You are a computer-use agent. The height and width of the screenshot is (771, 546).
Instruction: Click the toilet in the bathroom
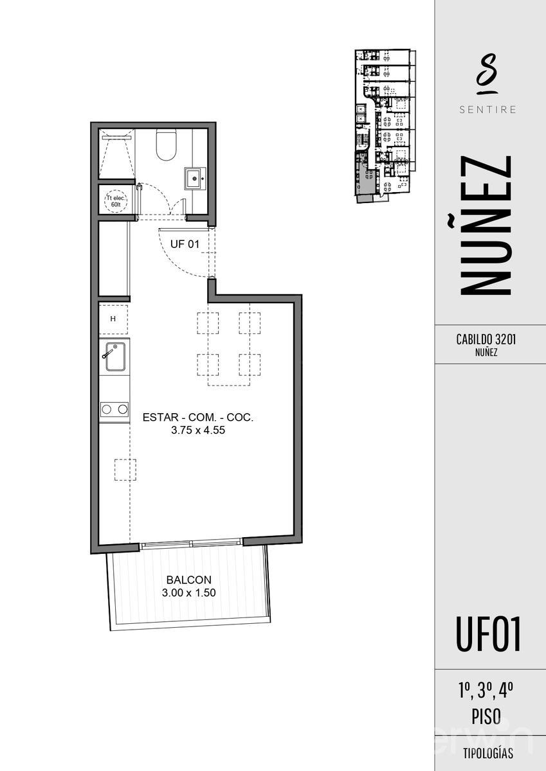click(166, 146)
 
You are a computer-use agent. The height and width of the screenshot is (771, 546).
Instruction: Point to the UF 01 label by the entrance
click(185, 244)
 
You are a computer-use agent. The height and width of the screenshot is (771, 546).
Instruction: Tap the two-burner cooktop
click(114, 409)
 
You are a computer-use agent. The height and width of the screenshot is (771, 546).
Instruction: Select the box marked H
click(113, 319)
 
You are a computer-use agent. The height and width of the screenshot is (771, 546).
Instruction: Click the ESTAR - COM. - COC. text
click(198, 418)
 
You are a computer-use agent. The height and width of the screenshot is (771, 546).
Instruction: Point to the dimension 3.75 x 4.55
click(197, 432)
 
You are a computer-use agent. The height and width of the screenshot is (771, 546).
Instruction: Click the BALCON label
click(188, 580)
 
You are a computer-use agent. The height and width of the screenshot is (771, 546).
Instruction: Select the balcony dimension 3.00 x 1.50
click(188, 593)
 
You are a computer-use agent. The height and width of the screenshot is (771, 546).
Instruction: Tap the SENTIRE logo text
click(487, 109)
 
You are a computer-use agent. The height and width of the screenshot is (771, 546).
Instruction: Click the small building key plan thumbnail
click(382, 125)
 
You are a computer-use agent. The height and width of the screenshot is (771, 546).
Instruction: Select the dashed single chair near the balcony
click(125, 470)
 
